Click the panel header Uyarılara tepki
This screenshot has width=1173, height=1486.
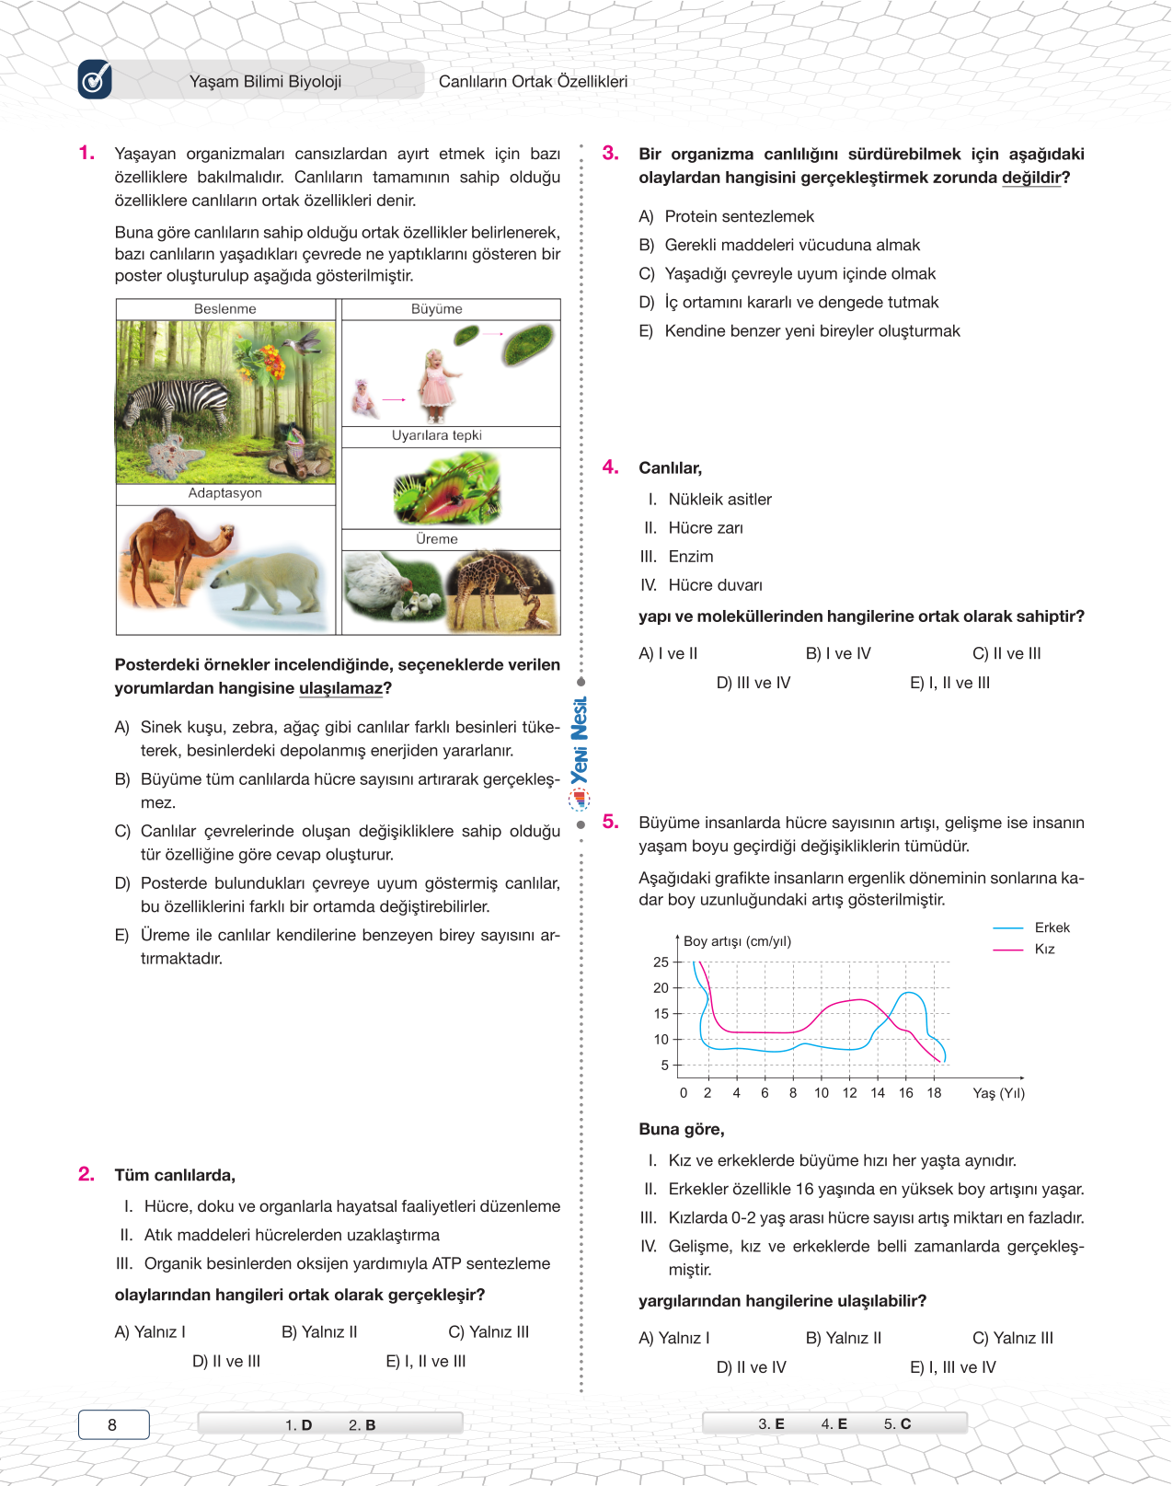[x=436, y=436]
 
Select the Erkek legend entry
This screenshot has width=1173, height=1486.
[x=1052, y=927]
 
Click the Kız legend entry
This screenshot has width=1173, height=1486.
[x=1044, y=949]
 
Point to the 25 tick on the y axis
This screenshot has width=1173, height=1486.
[x=661, y=962]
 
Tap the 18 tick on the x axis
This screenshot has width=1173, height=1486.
[x=934, y=1093]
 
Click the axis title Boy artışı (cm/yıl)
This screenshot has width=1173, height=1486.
[x=737, y=941]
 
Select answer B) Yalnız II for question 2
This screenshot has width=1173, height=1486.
[x=319, y=1332]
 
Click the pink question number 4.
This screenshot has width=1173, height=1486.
[x=610, y=467]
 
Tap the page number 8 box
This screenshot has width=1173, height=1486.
[x=113, y=1424]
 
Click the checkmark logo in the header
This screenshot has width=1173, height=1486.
[x=95, y=80]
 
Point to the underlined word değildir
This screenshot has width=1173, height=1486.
[x=1030, y=178]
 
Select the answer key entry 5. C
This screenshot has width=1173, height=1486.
[x=897, y=1423]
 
